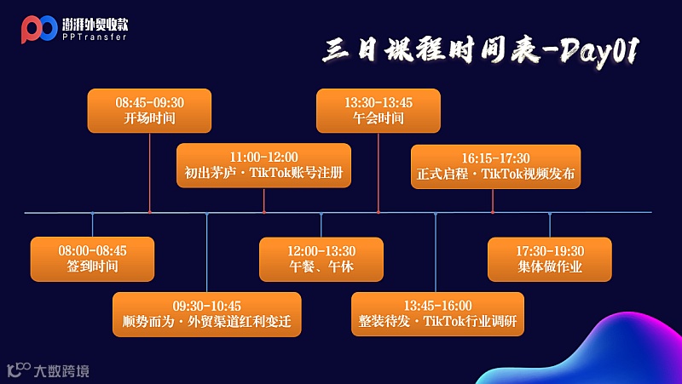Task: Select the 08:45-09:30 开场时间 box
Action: coord(150,111)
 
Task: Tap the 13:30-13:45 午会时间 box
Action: coord(379,111)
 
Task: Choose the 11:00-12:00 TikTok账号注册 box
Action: coord(264,166)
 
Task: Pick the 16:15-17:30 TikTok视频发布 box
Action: coord(495,166)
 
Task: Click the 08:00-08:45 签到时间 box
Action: coord(92,259)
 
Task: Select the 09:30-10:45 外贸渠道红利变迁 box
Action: coord(207,314)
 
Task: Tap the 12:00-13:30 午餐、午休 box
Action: coord(321,259)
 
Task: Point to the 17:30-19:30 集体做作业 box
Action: coord(550,259)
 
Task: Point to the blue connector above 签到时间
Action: coord(92,225)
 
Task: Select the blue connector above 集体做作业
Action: coord(550,225)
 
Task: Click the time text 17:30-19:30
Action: coord(550,251)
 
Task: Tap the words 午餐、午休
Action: coord(321,267)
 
